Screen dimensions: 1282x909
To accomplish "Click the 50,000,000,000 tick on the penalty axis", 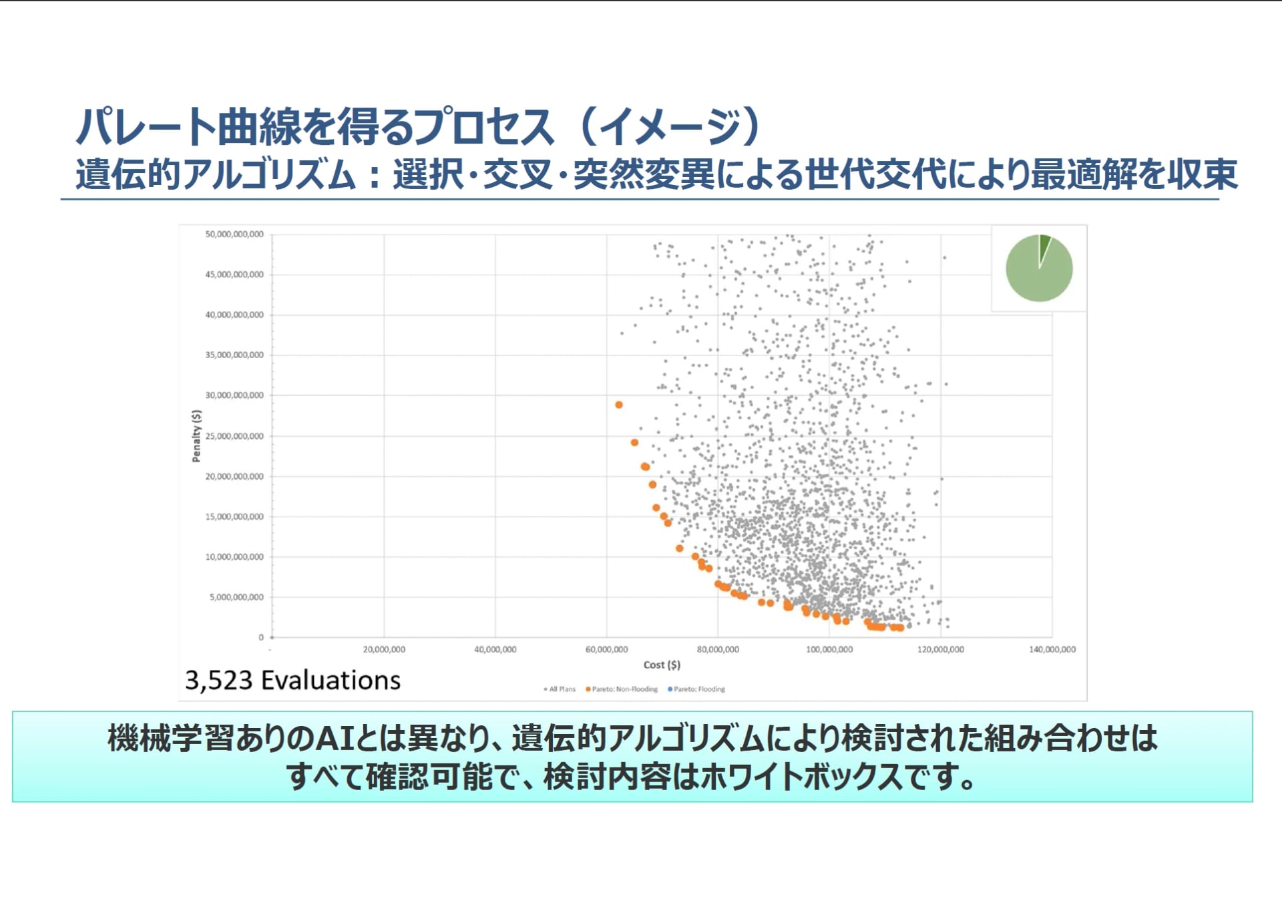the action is click(x=234, y=234).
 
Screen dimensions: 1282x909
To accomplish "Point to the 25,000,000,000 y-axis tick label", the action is click(x=234, y=436).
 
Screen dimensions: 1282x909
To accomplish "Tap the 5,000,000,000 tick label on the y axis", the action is click(x=237, y=597).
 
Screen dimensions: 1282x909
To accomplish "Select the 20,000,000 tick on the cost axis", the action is click(x=384, y=649).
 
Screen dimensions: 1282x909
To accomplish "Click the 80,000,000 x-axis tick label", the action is click(x=718, y=649).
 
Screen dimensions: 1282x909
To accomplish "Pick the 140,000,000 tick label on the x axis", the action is click(x=1052, y=649).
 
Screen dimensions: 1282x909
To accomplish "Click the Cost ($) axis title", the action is click(x=662, y=665).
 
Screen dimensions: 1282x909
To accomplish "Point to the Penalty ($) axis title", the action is click(x=196, y=436).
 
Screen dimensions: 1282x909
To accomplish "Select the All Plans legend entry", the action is click(x=560, y=689).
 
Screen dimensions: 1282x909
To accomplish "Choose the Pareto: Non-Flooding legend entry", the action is click(x=622, y=689).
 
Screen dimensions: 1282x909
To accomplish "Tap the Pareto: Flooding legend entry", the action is click(x=696, y=689).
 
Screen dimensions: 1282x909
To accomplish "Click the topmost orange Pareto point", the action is click(x=619, y=405).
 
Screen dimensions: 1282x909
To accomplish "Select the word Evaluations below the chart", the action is click(x=331, y=681).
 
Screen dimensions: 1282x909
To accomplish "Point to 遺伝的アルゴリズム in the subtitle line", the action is click(x=216, y=174).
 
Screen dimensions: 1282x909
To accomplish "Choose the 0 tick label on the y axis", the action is click(x=261, y=637).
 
